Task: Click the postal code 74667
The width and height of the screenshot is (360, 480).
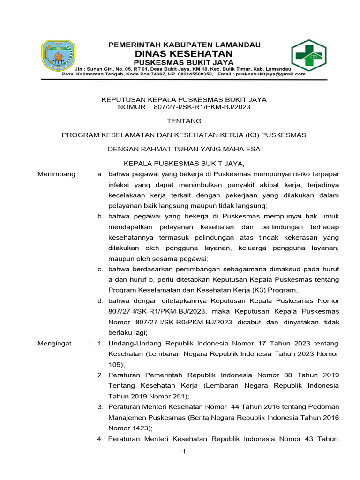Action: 165,74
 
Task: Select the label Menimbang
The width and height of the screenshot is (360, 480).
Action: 56,174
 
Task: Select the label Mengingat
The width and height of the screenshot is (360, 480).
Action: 54,343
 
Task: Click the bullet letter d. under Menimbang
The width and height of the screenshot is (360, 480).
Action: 100,300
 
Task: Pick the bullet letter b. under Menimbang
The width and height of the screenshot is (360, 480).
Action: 100,216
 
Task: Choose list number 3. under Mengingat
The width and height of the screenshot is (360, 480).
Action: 100,406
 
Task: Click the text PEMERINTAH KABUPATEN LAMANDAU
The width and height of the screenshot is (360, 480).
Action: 185,45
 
